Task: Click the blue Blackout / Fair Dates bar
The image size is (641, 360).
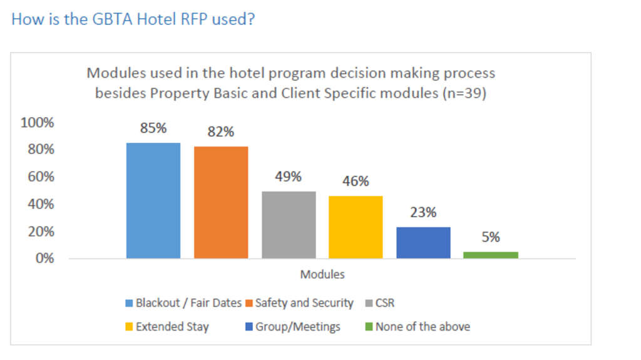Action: (x=153, y=200)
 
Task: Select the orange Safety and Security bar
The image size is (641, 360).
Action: (x=221, y=202)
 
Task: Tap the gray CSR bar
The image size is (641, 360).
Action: (x=289, y=225)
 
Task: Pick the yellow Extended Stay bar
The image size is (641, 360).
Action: (x=356, y=227)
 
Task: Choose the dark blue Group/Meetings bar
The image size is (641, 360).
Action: (x=423, y=242)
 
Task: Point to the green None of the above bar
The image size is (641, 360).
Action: (x=491, y=255)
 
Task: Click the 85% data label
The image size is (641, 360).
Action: (x=153, y=128)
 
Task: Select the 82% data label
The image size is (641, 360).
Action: (x=221, y=132)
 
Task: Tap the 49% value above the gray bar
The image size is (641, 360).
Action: (x=289, y=177)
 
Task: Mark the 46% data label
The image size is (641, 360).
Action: (x=356, y=182)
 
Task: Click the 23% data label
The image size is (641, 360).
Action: (x=423, y=212)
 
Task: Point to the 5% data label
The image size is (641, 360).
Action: (x=491, y=237)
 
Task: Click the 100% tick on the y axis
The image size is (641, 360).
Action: (x=38, y=123)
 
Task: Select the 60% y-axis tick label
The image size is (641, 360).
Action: (x=40, y=177)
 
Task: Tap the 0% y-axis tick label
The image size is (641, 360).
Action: (x=43, y=258)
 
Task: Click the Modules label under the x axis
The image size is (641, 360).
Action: (x=322, y=274)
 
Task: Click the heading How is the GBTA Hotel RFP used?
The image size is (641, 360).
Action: (x=133, y=19)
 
